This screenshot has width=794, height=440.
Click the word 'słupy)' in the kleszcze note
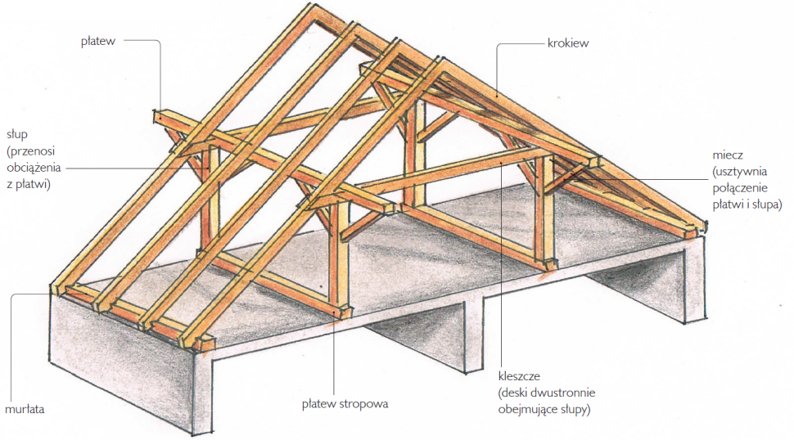(x=580, y=408)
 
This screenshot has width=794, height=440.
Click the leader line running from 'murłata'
(x=12, y=343)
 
